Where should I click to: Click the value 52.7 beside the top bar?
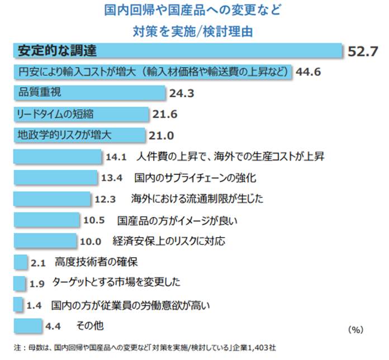coord(363,51)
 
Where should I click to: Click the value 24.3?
coord(182,94)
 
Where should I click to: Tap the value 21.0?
coord(162,136)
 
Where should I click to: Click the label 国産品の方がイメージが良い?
coord(178,220)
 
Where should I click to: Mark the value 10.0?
coord(91,242)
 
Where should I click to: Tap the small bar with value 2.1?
coord(20,262)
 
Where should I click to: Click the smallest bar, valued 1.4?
coord(17,305)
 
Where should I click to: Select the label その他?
coord(90,325)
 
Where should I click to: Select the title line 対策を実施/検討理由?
coord(192,30)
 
